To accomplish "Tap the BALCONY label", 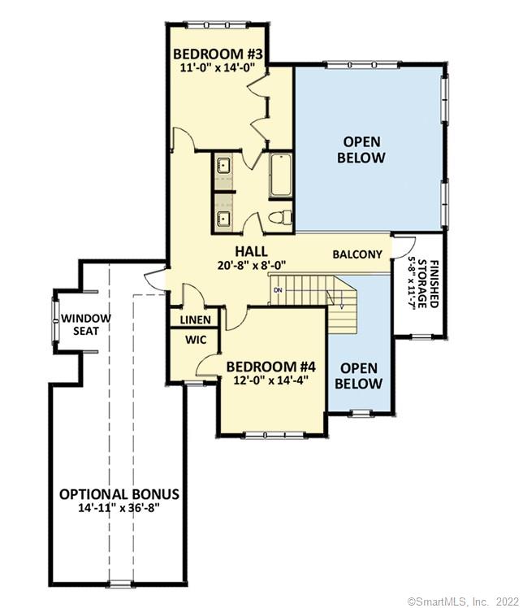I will tap(357, 254).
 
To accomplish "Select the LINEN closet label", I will tap(195, 320).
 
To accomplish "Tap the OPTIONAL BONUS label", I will tap(119, 494).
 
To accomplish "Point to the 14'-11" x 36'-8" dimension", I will tap(119, 509).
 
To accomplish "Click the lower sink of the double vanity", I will tap(223, 217).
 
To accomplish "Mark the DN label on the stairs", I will tap(278, 290).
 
